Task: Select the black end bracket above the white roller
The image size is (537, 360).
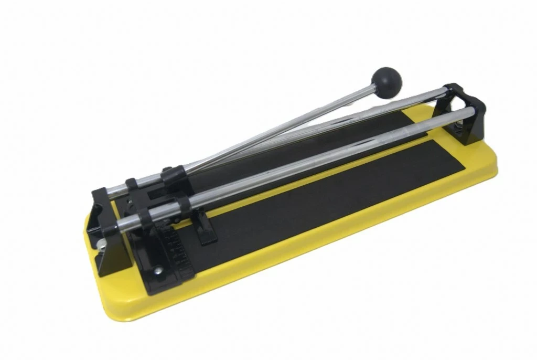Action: point(108,220)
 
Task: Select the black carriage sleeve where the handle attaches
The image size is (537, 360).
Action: point(173,176)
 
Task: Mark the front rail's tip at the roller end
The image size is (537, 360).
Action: point(120,225)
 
